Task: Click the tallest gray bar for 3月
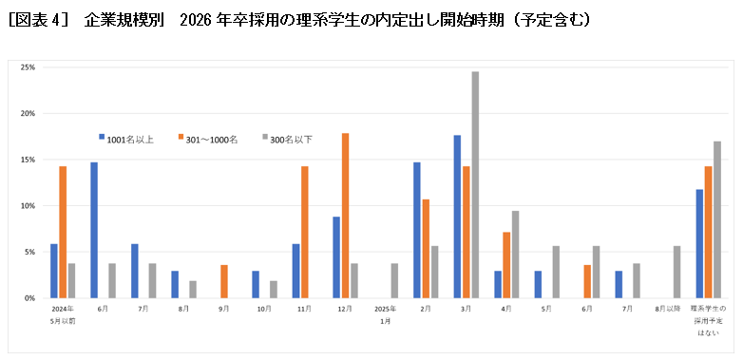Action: (475, 185)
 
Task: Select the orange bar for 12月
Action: (345, 216)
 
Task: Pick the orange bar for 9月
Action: (224, 281)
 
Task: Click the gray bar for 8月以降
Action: (677, 272)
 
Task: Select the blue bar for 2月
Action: (416, 230)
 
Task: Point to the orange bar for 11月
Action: (305, 232)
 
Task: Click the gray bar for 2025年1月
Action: (394, 280)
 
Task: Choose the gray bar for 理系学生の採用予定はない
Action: (717, 219)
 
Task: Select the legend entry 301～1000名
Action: (208, 139)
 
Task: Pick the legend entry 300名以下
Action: (289, 139)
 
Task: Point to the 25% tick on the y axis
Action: (28, 67)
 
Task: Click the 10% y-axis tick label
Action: (28, 205)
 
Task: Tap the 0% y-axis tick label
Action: (29, 297)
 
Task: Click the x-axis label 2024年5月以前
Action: (63, 314)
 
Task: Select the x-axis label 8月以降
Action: (668, 310)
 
